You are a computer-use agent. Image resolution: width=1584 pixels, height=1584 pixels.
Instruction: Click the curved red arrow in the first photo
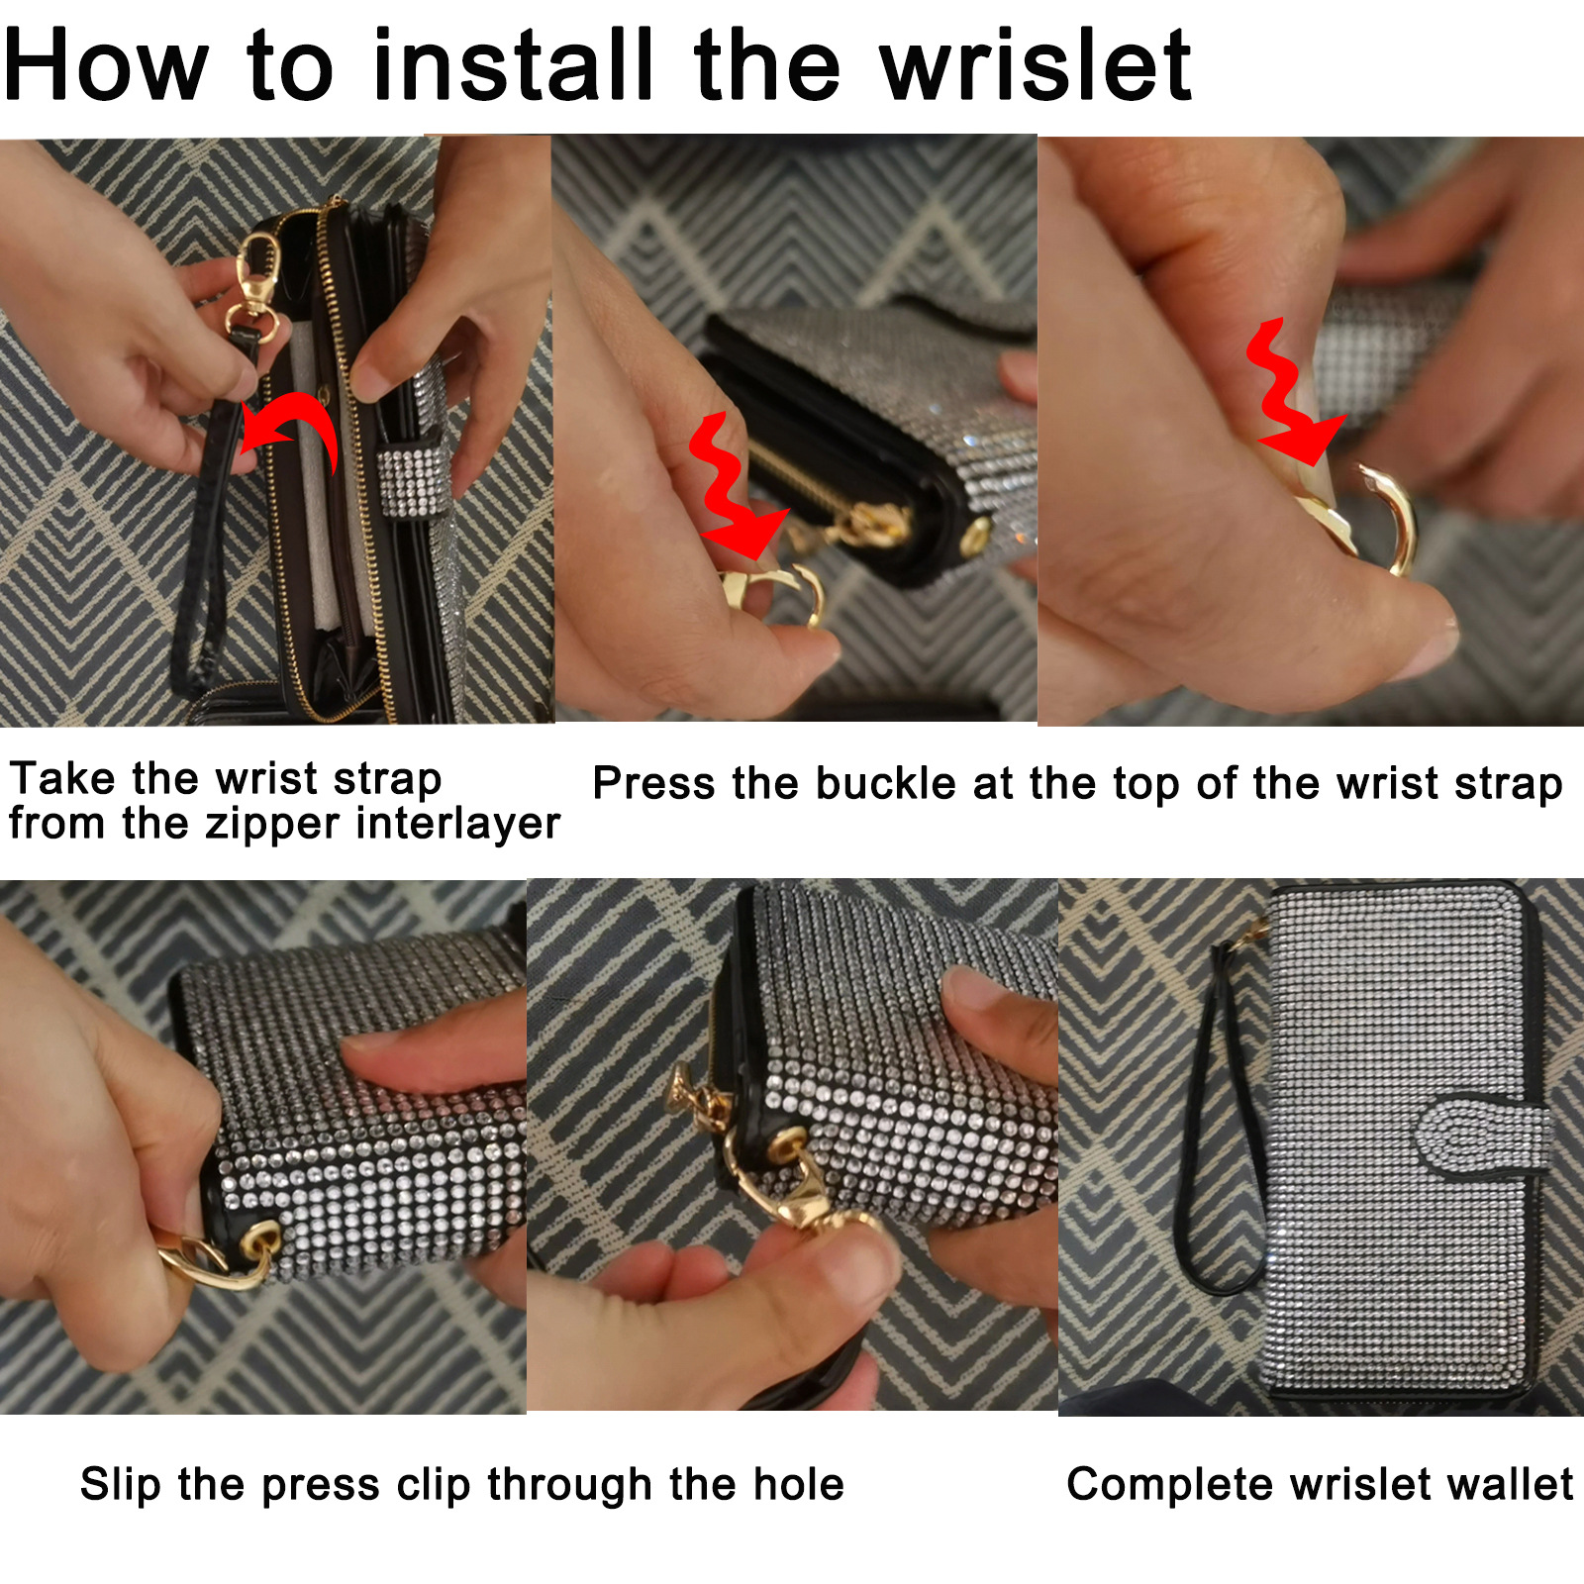tap(290, 426)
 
